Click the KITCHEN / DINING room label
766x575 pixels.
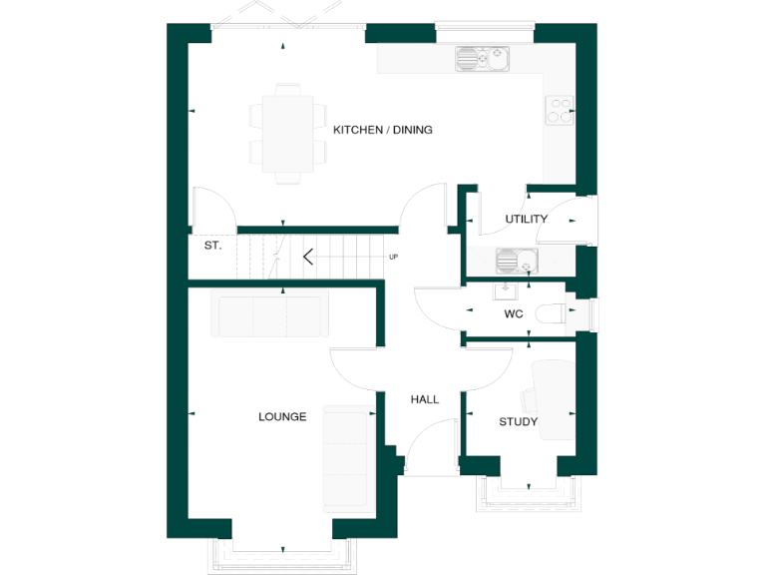(x=382, y=130)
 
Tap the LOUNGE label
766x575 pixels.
(x=282, y=417)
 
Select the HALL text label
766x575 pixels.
(x=425, y=399)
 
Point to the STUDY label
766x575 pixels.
(x=518, y=422)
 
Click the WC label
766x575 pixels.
(x=514, y=313)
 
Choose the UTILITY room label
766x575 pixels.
(x=526, y=219)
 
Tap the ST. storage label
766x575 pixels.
(x=212, y=245)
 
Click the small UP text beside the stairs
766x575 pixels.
(x=393, y=258)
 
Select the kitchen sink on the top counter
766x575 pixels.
(x=482, y=60)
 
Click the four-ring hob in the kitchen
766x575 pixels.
(x=560, y=109)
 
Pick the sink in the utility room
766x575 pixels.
(x=516, y=262)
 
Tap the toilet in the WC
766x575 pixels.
(x=551, y=313)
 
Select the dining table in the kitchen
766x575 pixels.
(x=286, y=132)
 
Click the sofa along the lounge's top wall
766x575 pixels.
(x=268, y=315)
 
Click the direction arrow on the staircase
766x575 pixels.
(x=308, y=257)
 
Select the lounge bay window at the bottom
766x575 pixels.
(x=283, y=556)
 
